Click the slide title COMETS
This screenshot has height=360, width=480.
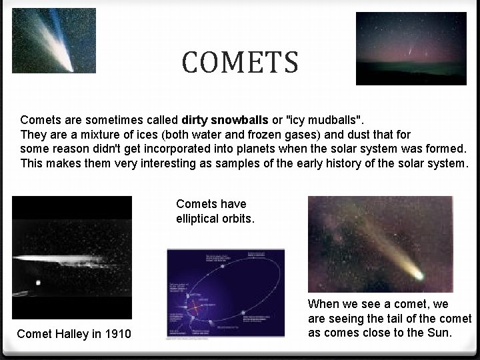point(240,63)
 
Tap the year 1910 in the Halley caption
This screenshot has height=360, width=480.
point(117,333)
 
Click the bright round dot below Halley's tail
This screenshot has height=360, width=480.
point(38,283)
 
